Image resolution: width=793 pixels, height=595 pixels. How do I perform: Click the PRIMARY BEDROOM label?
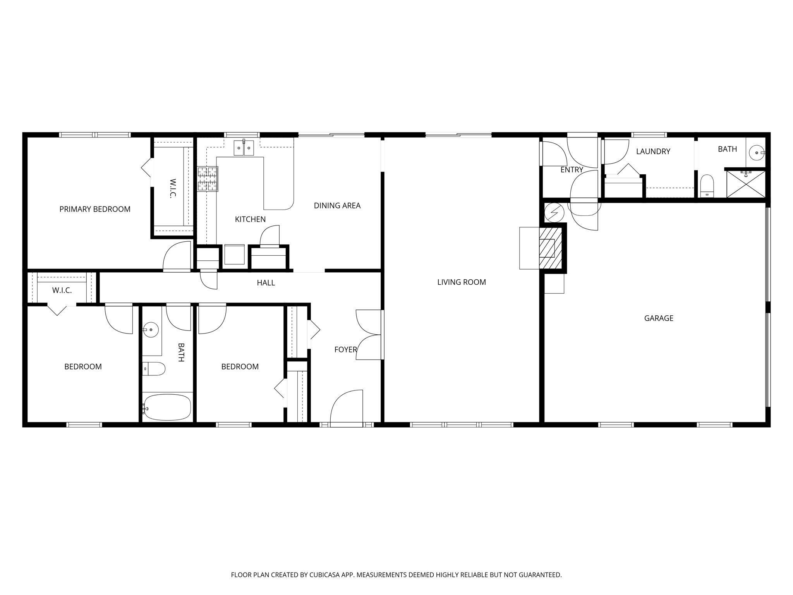(95, 209)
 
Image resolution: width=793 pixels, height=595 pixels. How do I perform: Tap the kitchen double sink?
(244, 148)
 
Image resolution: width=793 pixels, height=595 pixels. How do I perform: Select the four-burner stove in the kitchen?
(208, 179)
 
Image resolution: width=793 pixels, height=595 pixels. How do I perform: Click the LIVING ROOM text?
(462, 282)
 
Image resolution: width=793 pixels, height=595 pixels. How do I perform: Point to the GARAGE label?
(659, 318)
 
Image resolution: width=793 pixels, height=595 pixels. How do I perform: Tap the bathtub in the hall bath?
(167, 407)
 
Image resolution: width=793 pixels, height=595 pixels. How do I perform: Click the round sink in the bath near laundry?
(756, 153)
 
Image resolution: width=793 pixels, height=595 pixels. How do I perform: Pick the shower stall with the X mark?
(746, 184)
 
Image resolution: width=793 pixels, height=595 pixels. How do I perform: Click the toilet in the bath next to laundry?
(707, 186)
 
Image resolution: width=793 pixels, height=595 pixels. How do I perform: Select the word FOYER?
(345, 350)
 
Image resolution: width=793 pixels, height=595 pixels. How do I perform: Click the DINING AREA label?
(337, 206)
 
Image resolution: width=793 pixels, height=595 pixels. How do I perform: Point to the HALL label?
(266, 283)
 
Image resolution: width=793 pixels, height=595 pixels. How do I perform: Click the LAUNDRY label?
(653, 151)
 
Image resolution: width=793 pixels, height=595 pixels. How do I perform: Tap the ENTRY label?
(572, 170)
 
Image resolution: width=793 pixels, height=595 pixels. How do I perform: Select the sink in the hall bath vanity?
(151, 330)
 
